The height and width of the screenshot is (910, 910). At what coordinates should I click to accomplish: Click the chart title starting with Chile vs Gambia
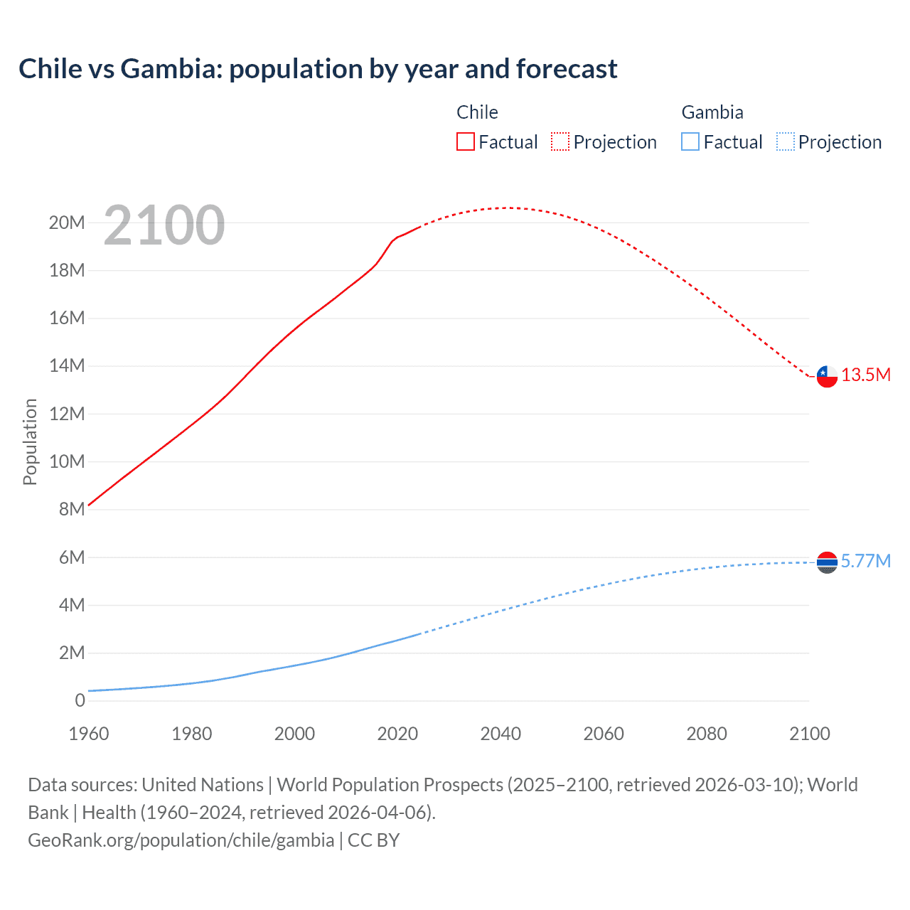[x=318, y=69]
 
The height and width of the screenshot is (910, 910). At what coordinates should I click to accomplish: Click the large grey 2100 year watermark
[x=164, y=225]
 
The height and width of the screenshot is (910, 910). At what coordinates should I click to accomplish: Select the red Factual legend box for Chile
[x=465, y=142]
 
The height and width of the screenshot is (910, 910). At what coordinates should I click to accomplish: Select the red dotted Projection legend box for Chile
[x=560, y=142]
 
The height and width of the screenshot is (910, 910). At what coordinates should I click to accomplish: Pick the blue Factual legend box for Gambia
[x=690, y=142]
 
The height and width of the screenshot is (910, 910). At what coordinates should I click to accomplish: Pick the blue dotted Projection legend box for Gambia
[x=785, y=142]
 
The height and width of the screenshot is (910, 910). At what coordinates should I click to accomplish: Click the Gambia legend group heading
[x=712, y=112]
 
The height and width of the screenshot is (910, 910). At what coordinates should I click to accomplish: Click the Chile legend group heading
[x=477, y=112]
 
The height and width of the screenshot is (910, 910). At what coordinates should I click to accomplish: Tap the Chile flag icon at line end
[x=827, y=375]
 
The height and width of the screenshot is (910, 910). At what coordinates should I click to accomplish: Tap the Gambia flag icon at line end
[x=827, y=562]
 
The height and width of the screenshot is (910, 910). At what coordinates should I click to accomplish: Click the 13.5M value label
[x=866, y=375]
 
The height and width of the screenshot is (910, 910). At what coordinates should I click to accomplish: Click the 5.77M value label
[x=866, y=562]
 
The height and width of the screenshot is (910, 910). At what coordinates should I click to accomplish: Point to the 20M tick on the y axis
[x=67, y=223]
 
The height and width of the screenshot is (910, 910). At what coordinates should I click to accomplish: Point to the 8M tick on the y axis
[x=72, y=510]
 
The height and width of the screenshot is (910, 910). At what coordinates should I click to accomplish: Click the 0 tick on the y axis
[x=80, y=701]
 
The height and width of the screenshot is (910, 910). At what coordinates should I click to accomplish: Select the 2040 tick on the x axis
[x=500, y=734]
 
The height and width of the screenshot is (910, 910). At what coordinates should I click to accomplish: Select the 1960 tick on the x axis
[x=89, y=734]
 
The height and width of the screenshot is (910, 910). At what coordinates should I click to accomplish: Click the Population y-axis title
[x=30, y=441]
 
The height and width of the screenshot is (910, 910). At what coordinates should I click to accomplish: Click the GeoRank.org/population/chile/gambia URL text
[x=181, y=840]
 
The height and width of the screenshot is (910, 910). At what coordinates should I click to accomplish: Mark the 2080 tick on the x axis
[x=707, y=734]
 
